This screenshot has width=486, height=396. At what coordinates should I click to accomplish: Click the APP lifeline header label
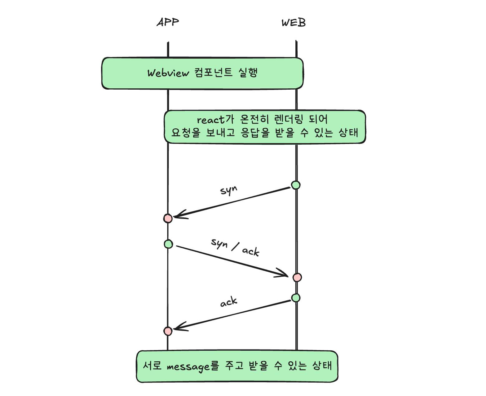click(168, 22)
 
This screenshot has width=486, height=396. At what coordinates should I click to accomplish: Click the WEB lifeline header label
click(294, 23)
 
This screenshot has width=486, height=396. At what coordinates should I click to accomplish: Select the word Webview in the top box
click(168, 73)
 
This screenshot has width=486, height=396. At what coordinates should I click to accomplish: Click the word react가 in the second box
click(215, 120)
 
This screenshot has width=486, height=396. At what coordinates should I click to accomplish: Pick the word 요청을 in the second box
click(186, 133)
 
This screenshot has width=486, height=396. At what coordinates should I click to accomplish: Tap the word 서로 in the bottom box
click(152, 365)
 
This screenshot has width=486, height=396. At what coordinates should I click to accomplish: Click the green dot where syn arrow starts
click(296, 185)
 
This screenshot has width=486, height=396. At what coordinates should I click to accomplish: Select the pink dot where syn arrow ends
click(168, 218)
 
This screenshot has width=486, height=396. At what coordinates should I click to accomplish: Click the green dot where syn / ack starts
click(168, 244)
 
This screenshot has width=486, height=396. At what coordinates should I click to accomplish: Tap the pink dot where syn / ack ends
click(297, 277)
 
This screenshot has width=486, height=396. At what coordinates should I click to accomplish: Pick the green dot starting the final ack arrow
click(296, 298)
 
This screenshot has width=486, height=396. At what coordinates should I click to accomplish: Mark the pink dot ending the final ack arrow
click(168, 331)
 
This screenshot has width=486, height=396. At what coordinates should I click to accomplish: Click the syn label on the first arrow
click(229, 190)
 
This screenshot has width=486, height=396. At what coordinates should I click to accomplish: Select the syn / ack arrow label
click(235, 247)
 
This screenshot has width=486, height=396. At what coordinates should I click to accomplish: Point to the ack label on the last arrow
click(229, 302)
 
